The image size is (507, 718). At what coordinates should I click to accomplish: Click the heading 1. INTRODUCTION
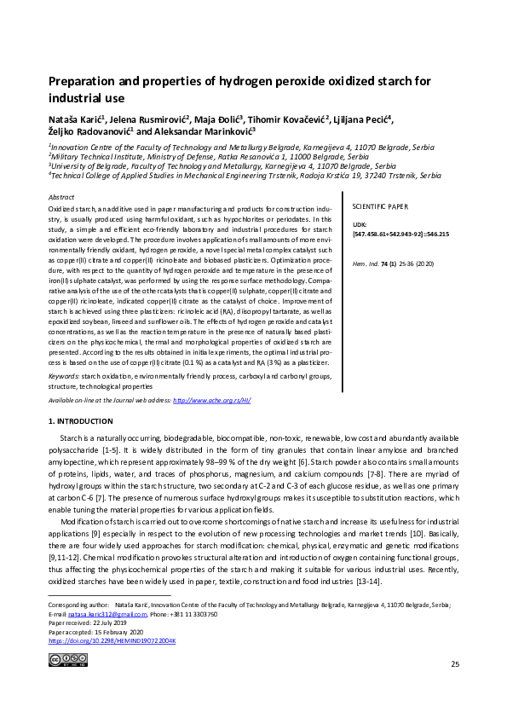coord(81,421)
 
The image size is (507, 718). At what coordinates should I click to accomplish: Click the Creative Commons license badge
coord(68,659)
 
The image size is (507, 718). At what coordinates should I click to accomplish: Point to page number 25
coord(454,687)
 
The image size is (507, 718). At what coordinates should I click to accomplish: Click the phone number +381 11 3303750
coord(192,615)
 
